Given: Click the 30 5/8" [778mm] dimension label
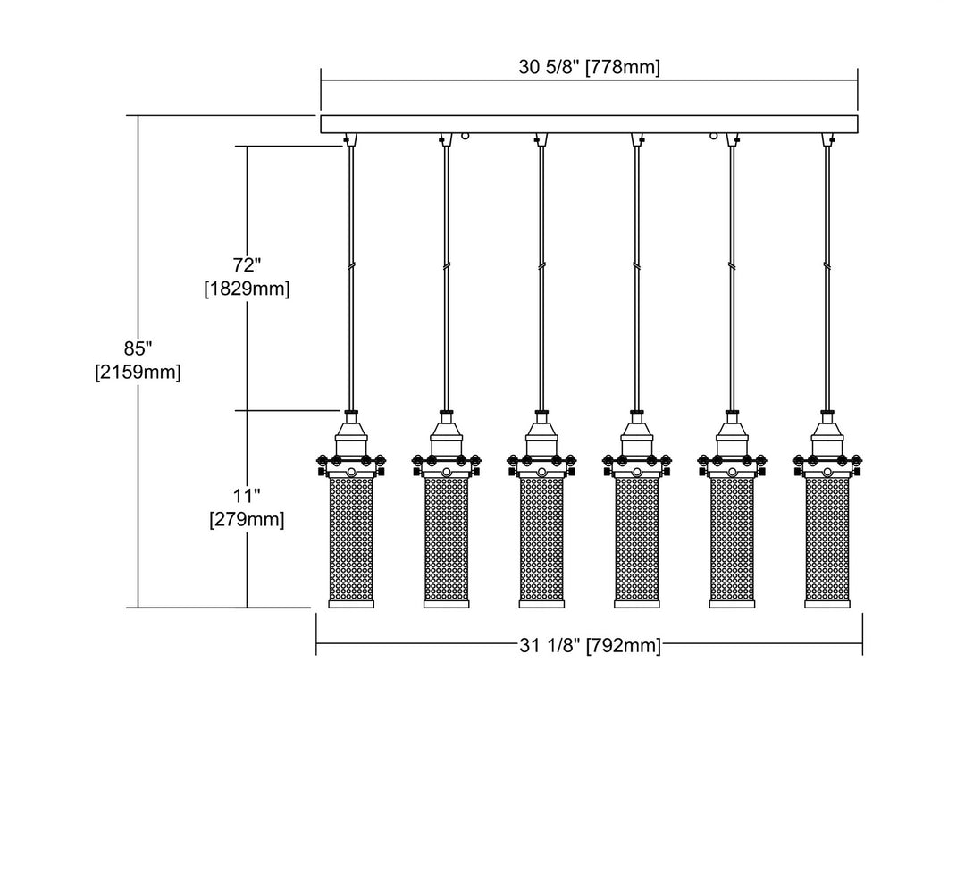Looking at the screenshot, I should [589, 68].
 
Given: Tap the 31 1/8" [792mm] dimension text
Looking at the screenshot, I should [590, 646].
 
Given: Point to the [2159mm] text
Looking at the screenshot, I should [138, 372].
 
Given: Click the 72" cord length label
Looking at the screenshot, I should [247, 264].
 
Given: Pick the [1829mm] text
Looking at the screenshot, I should [247, 289].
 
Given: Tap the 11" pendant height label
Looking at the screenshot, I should [247, 495].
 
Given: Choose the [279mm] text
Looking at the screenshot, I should [247, 519].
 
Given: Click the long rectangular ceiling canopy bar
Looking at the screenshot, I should [589, 124].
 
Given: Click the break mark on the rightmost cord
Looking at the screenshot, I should [827, 266].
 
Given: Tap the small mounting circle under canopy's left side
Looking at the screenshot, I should [466, 138].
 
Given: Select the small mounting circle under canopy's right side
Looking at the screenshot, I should [713, 138].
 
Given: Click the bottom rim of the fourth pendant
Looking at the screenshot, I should [636, 604].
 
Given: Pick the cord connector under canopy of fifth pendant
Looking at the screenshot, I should [732, 139].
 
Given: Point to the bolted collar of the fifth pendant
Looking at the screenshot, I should [732, 463].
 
